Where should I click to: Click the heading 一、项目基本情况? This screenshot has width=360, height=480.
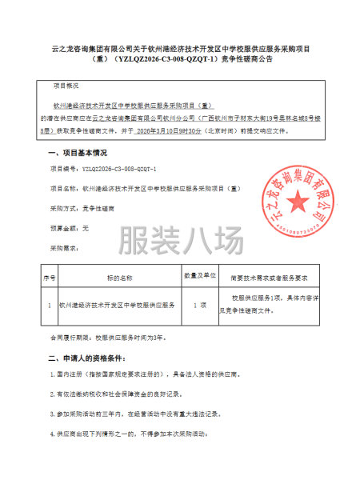pyautogui.click(x=78, y=151)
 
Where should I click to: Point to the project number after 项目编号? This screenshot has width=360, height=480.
pyautogui.click(x=120, y=170)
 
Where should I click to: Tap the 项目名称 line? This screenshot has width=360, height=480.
pyautogui.click(x=144, y=188)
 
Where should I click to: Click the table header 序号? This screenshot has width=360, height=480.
pyautogui.click(x=49, y=280)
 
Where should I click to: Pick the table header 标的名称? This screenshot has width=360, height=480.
pyautogui.click(x=119, y=280)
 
